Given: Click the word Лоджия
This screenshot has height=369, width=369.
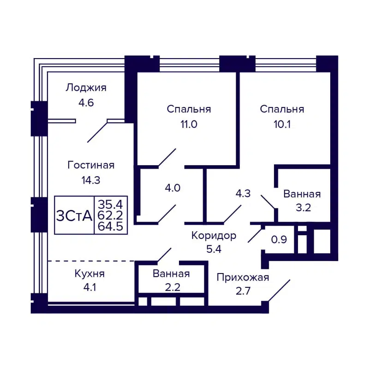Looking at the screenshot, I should [x=86, y=88].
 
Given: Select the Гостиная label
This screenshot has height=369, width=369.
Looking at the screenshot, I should [x=91, y=165].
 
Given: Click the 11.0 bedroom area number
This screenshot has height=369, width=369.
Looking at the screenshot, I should [x=189, y=124].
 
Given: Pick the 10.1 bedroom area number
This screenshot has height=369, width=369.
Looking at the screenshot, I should [x=282, y=124].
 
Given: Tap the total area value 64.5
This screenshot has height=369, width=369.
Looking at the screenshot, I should [x=111, y=226].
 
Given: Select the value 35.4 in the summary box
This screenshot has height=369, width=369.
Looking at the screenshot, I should [x=111, y=203].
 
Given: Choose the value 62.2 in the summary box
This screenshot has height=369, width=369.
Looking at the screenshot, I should [x=111, y=214].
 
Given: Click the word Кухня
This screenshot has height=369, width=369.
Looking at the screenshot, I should [x=89, y=274].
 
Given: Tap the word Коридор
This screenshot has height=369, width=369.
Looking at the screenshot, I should [x=214, y=236].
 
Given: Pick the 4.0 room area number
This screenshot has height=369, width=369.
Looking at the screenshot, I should [x=173, y=188].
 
